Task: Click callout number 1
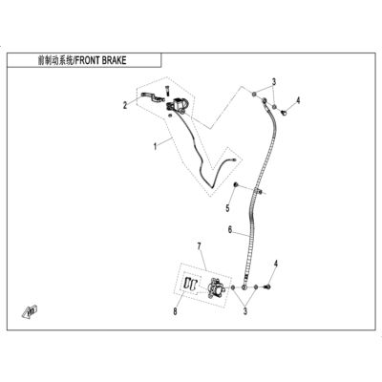(156, 147)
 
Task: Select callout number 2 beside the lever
(125, 105)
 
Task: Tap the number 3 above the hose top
(274, 82)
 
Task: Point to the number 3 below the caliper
(245, 311)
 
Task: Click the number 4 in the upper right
(298, 100)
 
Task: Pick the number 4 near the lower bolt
(276, 264)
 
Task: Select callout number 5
(227, 208)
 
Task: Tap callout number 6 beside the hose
(230, 229)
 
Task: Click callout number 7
(200, 246)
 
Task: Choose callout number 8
(175, 311)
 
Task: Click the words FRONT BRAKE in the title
(101, 60)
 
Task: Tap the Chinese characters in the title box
(55, 60)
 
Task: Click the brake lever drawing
(152, 95)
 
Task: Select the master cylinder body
(178, 105)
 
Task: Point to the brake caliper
(217, 287)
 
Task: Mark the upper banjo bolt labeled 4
(284, 112)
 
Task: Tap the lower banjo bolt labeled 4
(267, 287)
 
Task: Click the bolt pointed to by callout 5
(236, 184)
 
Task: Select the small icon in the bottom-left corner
(30, 311)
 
